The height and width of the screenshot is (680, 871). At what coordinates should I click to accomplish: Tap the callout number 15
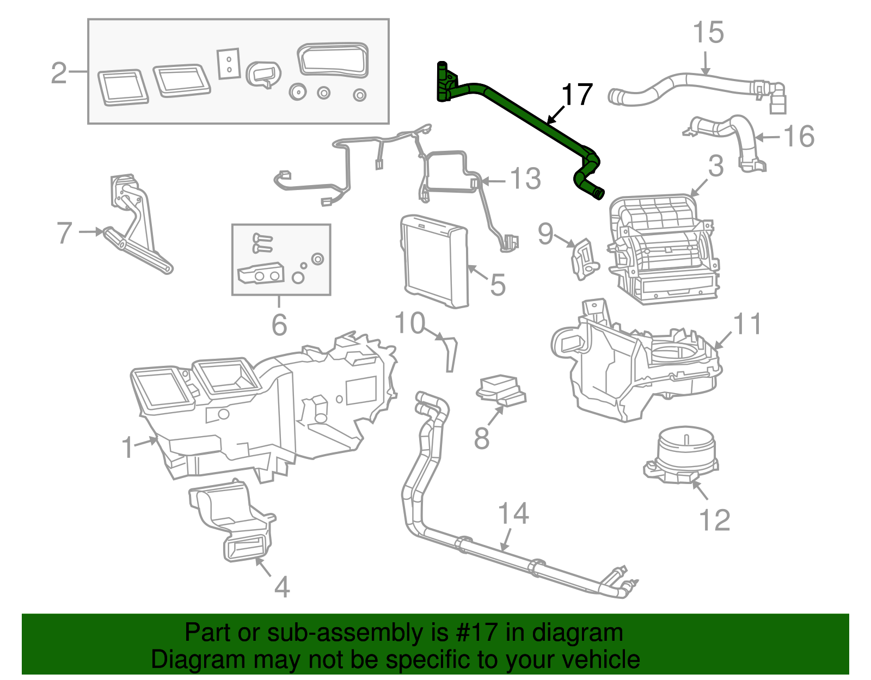[708, 33]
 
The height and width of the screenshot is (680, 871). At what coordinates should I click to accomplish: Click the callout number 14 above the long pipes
[513, 513]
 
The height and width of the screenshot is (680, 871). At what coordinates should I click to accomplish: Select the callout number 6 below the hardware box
[279, 325]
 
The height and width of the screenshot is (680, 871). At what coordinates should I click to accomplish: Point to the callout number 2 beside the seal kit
[59, 72]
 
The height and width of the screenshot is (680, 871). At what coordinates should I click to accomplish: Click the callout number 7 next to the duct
[64, 233]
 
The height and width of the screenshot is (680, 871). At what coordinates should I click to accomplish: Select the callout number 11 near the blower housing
[748, 324]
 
